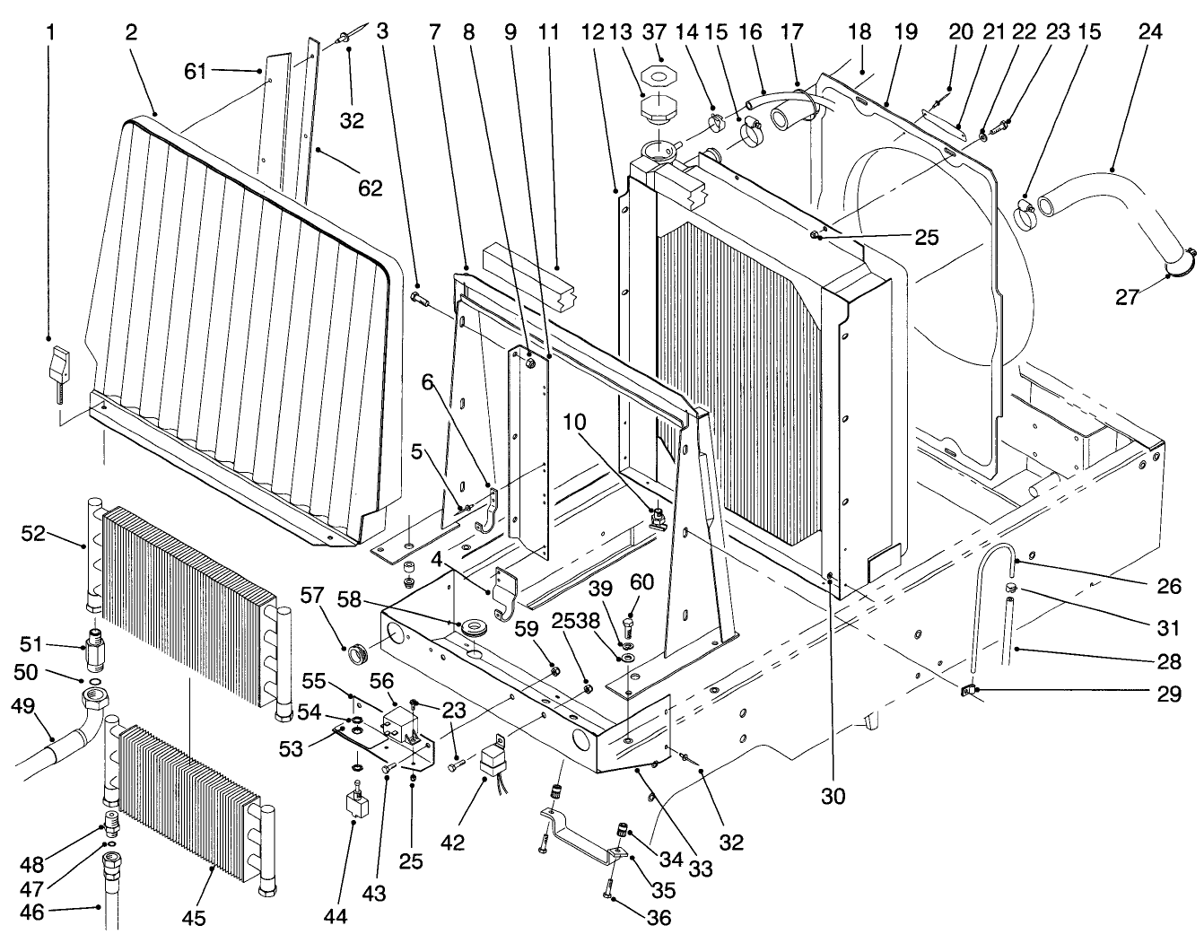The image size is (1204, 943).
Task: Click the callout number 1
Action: pos(51,32)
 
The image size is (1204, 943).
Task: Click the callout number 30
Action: pos(833,794)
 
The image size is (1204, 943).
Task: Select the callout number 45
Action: pos(194,918)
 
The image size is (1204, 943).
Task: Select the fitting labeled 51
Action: pos(93,646)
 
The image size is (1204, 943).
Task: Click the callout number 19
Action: pos(905,32)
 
